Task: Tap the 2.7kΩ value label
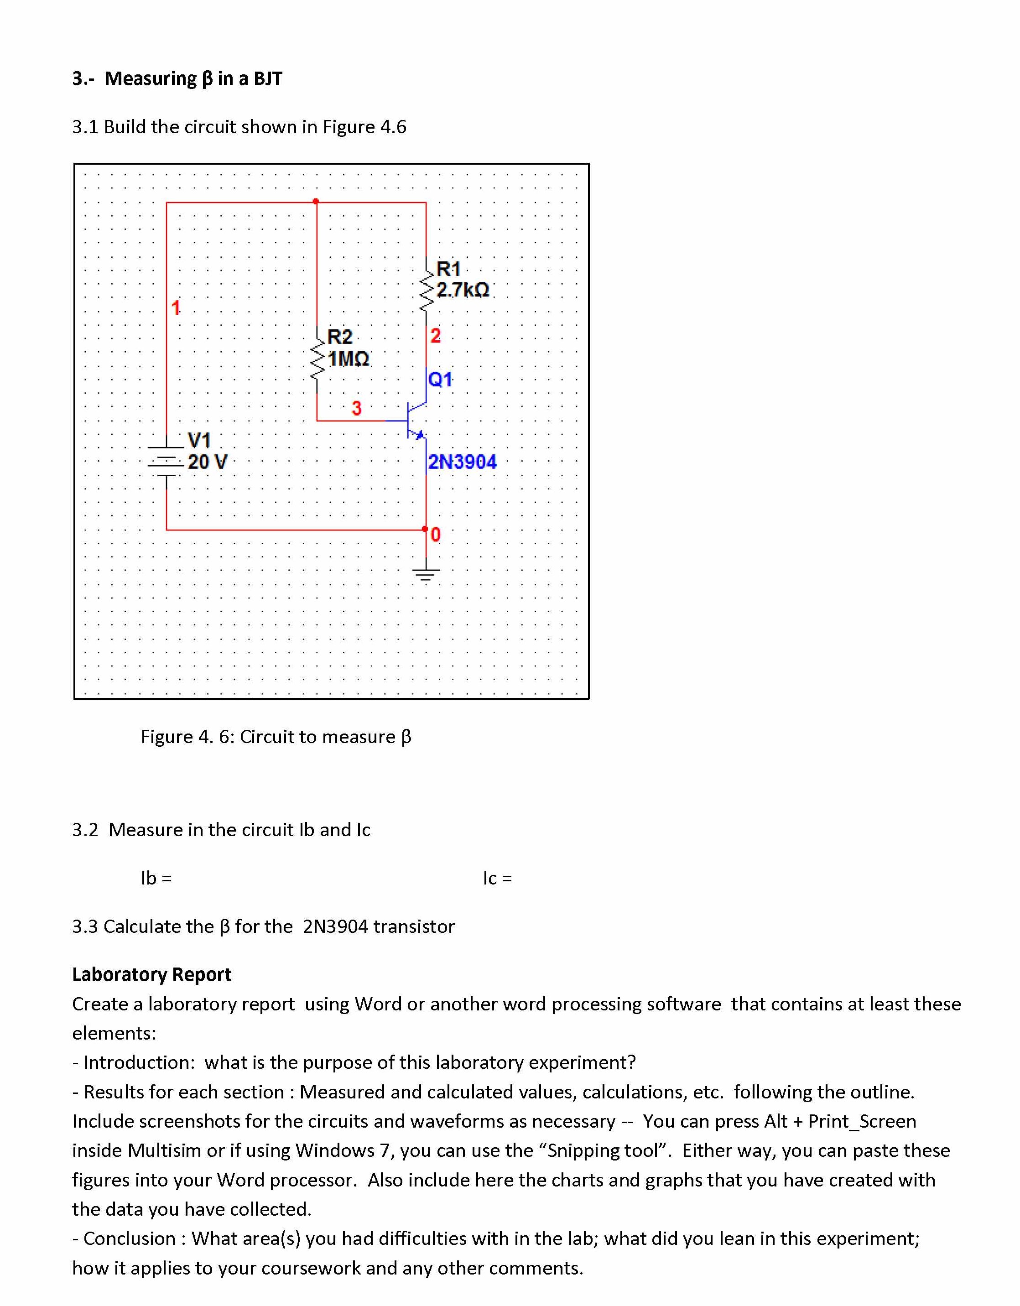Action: pyautogui.click(x=463, y=290)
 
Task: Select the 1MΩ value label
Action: pyautogui.click(x=349, y=359)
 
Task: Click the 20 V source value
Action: pyautogui.click(x=208, y=462)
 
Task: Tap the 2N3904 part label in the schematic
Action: pyautogui.click(x=462, y=462)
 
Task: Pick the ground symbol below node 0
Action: pyautogui.click(x=426, y=574)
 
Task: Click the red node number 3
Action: pyautogui.click(x=357, y=408)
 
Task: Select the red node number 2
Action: pyautogui.click(x=435, y=335)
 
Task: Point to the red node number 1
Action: pyautogui.click(x=176, y=307)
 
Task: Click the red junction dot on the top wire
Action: pyautogui.click(x=316, y=202)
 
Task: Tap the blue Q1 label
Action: pyautogui.click(x=441, y=379)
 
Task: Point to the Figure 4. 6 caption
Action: pyautogui.click(x=276, y=736)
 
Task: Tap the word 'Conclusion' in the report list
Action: pyautogui.click(x=129, y=1238)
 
